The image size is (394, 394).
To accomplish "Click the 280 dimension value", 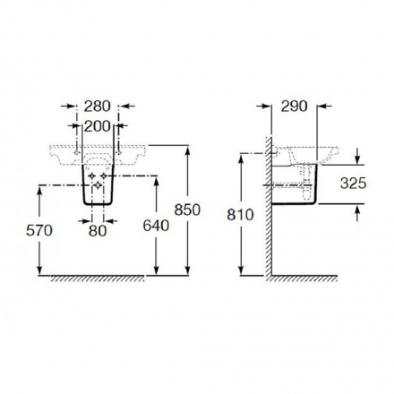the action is tap(97, 107).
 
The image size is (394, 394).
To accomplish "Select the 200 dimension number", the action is tap(98, 126).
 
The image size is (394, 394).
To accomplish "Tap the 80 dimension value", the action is tap(98, 231).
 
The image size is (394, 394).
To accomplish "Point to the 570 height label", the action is tap(39, 230).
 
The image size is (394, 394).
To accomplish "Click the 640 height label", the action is tap(156, 226).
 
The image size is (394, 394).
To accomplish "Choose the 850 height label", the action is tap(187, 210).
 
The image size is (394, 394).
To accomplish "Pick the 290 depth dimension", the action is tap(294, 107).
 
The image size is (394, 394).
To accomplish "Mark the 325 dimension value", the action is tap(353, 184).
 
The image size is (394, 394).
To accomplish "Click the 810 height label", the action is tap(240, 215).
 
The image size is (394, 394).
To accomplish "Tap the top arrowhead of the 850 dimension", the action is tap(187, 150).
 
